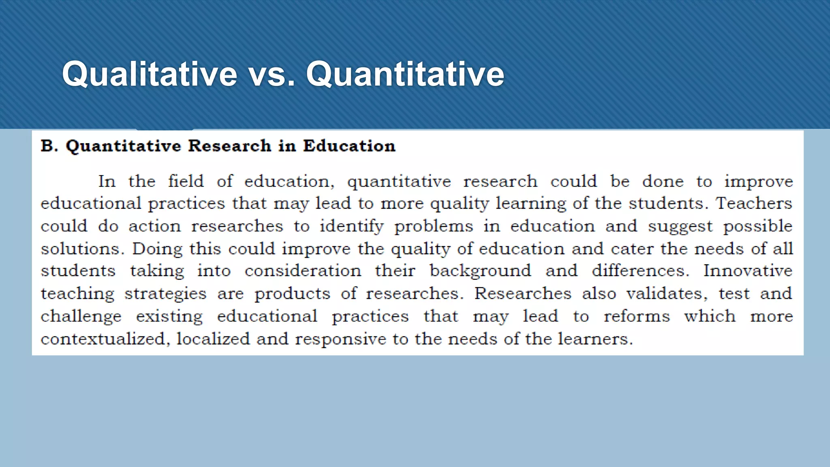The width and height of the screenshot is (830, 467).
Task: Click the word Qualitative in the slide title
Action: (x=149, y=74)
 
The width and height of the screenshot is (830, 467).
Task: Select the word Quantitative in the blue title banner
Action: (x=405, y=74)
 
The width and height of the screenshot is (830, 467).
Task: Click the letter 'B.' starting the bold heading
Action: (x=49, y=146)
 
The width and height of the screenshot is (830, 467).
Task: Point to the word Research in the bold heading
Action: (x=229, y=146)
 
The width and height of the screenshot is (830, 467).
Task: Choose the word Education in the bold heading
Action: (x=349, y=146)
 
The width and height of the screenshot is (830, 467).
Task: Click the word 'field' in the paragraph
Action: (x=186, y=181)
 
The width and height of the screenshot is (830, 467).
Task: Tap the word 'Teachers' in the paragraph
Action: (x=754, y=203)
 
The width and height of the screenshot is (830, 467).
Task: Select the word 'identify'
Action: (x=351, y=226)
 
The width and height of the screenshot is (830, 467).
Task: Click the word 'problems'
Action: (x=434, y=226)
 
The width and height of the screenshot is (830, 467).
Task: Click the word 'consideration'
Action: (x=303, y=271)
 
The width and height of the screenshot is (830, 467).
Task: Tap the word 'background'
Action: (x=480, y=271)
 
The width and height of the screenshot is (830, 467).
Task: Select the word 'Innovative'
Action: (x=748, y=271)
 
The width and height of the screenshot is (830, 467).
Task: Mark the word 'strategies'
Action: (x=165, y=293)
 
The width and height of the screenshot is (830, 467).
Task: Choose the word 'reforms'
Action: (x=637, y=316)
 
